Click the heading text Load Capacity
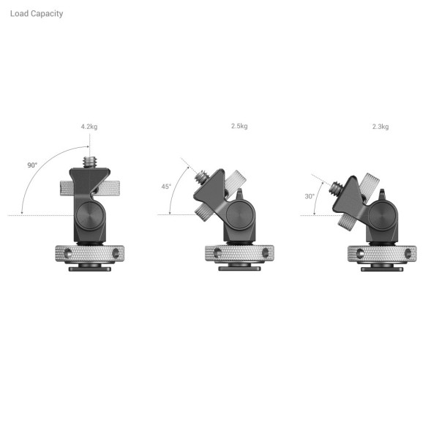(37, 13)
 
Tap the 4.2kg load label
(89, 127)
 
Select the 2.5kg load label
(239, 126)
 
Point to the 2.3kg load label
(380, 127)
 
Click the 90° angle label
(32, 165)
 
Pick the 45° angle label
(166, 187)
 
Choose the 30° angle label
(310, 196)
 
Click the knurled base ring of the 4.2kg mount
(89, 254)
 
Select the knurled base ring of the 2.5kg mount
(239, 254)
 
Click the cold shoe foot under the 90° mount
(89, 269)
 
